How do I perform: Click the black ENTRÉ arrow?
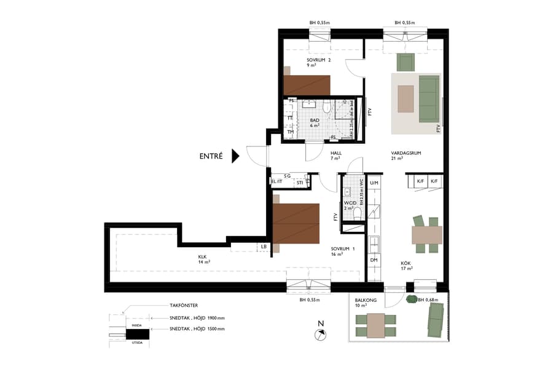234,156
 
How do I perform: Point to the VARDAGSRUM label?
405,154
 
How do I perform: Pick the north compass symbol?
320,334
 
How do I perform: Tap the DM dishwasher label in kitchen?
374,260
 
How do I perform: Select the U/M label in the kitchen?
374,182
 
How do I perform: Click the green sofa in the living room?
429,98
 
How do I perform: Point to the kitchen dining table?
426,235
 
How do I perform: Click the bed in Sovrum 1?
296,223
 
